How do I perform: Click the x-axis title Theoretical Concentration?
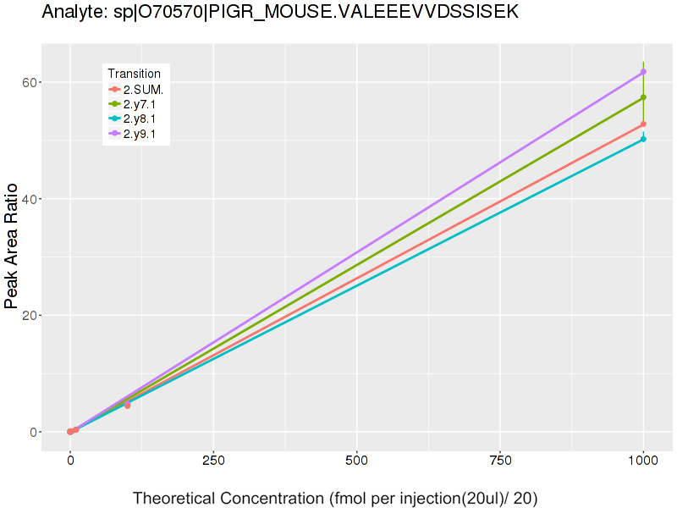(x=335, y=498)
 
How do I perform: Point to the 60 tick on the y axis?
(x=33, y=82)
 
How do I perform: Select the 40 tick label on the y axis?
(x=33, y=199)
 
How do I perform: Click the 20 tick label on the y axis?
(x=33, y=316)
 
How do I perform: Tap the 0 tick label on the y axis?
(x=36, y=432)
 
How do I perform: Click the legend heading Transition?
(x=134, y=74)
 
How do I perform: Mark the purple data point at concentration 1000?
(x=643, y=72)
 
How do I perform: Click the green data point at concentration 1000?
(x=643, y=97)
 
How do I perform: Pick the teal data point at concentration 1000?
(x=643, y=139)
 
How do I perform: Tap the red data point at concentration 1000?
(x=643, y=124)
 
